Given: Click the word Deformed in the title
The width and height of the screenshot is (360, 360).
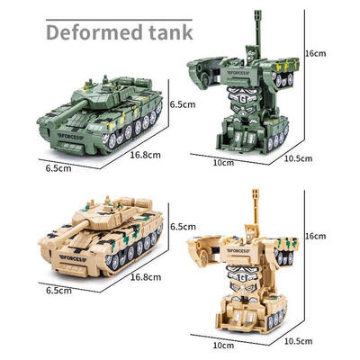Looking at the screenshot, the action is (x=94, y=32).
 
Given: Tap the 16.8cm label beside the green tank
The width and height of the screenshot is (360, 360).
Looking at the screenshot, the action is (x=146, y=155).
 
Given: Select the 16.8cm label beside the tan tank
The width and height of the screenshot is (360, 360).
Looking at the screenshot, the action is (x=146, y=277).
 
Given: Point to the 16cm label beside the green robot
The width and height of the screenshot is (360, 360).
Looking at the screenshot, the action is (x=315, y=54).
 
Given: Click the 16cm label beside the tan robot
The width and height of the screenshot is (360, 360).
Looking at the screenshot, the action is (x=315, y=236).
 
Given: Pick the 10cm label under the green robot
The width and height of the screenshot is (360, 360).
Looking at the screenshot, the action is (x=223, y=162).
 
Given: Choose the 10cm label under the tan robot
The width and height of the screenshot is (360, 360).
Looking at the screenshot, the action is (x=223, y=345).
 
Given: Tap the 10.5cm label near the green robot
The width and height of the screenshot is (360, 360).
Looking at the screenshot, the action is (x=298, y=158).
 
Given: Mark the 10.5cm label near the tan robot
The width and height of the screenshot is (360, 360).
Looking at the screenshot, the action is (x=298, y=341).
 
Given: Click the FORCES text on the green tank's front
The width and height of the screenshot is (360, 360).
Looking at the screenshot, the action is (x=70, y=136).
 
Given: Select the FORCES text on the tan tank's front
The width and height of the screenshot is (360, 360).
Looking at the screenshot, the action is (x=72, y=258).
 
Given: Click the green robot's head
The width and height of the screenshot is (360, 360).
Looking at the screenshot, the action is (x=251, y=53).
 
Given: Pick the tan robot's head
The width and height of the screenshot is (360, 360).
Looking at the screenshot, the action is (x=251, y=231).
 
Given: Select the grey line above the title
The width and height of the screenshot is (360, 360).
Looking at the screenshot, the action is (x=119, y=20).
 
